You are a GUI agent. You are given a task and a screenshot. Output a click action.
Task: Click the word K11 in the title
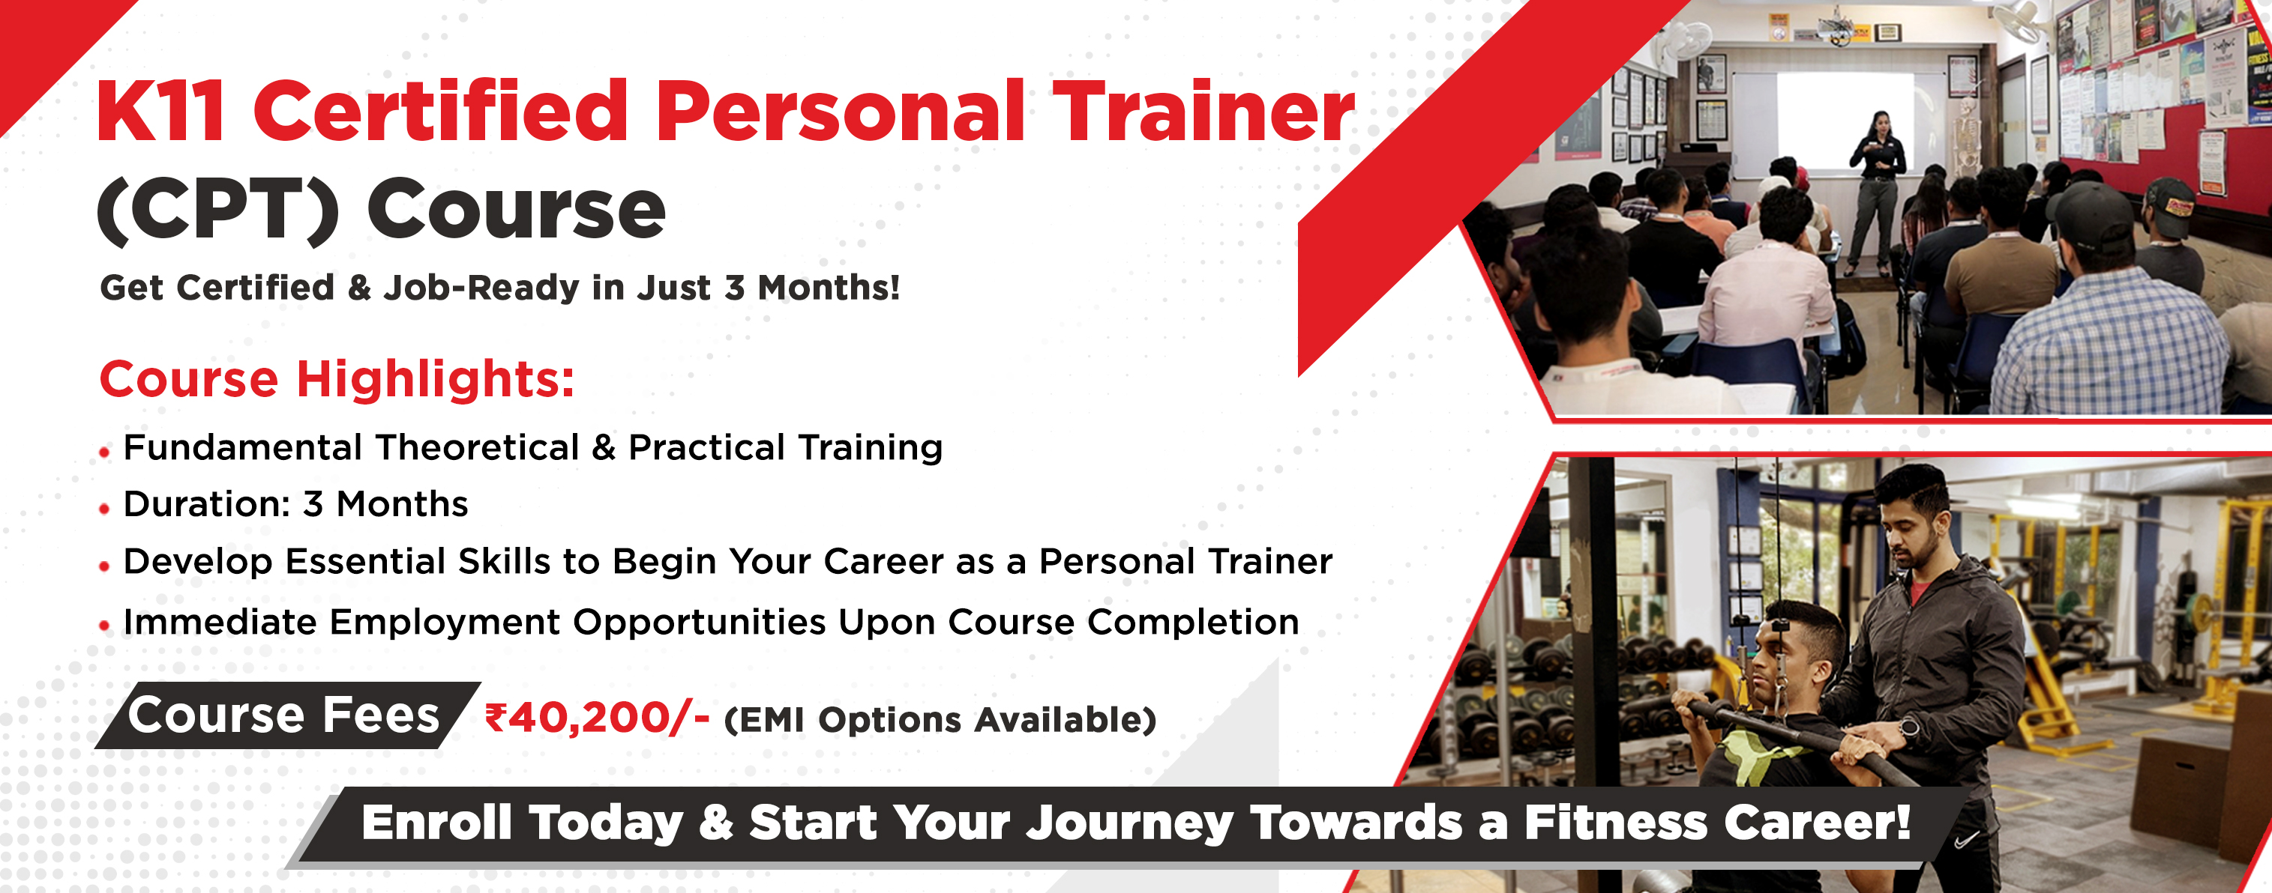coord(161,111)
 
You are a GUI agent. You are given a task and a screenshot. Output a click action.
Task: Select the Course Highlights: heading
coord(337,379)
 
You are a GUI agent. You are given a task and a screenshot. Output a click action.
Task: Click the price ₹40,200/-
coord(597,718)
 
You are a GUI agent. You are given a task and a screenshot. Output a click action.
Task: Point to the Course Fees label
coord(283,714)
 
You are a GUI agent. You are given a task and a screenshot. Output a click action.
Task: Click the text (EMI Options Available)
coord(940,720)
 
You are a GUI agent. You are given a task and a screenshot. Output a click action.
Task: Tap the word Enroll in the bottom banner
coord(436,823)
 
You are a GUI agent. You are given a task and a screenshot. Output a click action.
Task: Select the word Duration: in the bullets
coord(207,504)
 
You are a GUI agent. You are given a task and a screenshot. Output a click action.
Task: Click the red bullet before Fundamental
coord(105,453)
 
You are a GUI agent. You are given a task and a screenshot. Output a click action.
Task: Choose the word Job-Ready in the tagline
coord(481,288)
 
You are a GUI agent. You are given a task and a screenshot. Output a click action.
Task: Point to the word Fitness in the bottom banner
coord(1617,823)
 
